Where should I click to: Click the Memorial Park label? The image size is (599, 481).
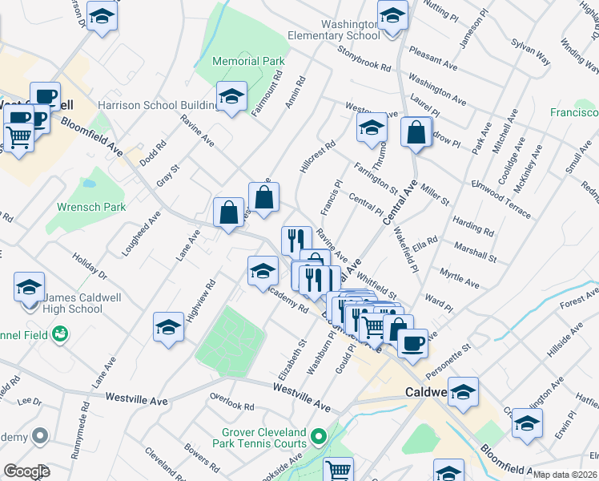click(x=248, y=61)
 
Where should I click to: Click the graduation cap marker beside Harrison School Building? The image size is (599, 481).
click(x=232, y=97)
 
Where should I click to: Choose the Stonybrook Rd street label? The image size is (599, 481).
click(x=364, y=60)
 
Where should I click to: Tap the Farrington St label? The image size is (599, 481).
click(x=376, y=178)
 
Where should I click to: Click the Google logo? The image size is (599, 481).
click(x=26, y=471)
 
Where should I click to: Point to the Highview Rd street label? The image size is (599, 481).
click(x=201, y=301)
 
